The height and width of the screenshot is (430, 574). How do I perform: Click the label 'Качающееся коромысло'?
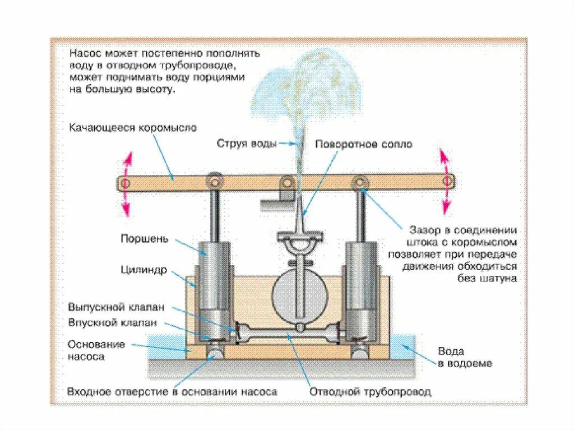133,128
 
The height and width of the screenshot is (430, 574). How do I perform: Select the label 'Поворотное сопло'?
363,144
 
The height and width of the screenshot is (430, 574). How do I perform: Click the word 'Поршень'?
144,239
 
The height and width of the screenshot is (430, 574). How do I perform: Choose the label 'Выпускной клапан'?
117,308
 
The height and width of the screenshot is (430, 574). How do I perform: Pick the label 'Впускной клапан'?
113,323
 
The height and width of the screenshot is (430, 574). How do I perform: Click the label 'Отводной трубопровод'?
371,392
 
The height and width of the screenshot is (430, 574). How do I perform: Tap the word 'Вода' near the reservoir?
451,352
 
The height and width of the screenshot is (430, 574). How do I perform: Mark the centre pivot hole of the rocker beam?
287,182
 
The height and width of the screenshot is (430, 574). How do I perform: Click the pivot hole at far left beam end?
124,183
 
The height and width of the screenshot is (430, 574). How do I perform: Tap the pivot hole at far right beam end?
447,181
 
